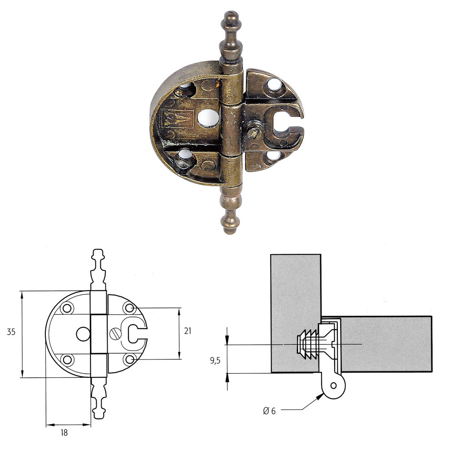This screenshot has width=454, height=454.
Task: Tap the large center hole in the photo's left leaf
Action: tap(208, 118)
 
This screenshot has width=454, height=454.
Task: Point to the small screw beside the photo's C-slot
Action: tap(255, 133)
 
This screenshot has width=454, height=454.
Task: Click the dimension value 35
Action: tap(11, 332)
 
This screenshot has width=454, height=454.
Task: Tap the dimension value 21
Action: tap(188, 331)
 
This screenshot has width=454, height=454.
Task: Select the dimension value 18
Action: tap(64, 433)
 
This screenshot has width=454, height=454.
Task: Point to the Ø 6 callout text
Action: tap(269, 411)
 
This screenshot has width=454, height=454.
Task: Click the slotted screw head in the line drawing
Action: tap(115, 334)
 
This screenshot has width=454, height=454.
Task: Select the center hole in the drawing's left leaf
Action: tap(83, 334)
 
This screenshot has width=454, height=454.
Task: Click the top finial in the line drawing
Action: tap(99, 268)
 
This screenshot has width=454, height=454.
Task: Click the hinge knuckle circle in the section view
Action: tap(334, 385)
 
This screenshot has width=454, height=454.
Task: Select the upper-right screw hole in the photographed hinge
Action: tap(274, 84)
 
